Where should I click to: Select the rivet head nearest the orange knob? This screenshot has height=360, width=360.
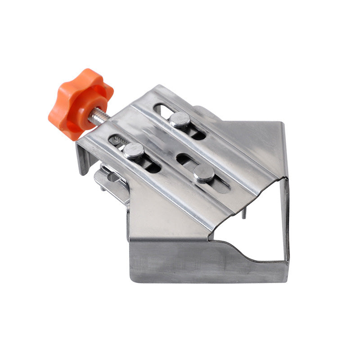pos(133,150)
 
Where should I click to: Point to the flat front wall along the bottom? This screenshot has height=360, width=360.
pos(180,265)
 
